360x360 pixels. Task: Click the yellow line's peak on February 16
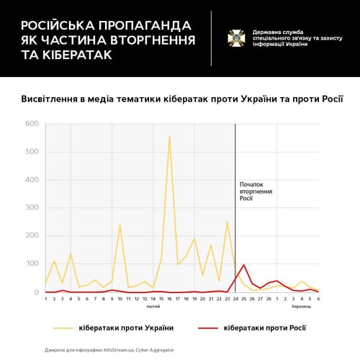(169, 136)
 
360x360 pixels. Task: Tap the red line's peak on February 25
(244, 265)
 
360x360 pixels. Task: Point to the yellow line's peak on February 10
(120, 225)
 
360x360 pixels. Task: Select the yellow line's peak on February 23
(228, 222)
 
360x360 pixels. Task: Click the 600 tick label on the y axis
(32, 124)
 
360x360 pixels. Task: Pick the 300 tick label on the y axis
(32, 207)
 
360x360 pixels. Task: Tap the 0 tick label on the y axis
(36, 292)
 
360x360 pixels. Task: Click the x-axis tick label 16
(169, 299)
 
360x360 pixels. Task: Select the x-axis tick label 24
(235, 299)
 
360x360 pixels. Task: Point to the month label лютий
(153, 307)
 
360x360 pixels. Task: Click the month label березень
(302, 307)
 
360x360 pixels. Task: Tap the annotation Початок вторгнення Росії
(256, 192)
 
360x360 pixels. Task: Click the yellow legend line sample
(63, 328)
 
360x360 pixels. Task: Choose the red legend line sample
(208, 328)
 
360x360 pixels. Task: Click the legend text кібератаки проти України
(126, 328)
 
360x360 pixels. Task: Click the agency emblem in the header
(236, 38)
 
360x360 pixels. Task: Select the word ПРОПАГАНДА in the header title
(145, 25)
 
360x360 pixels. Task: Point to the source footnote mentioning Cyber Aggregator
(109, 350)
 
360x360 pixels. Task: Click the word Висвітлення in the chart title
(49, 99)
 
